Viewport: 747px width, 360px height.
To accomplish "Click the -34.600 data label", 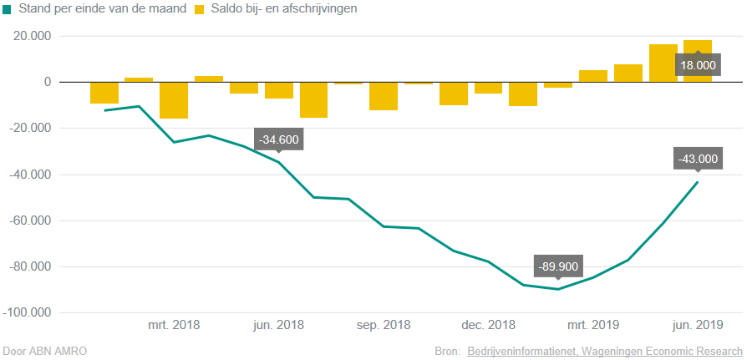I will coord(278,139).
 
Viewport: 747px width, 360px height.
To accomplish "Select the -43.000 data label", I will coord(698,159).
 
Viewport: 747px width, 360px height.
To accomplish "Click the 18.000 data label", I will coord(698,65).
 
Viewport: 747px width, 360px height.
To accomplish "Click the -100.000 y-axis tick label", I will coord(28,313).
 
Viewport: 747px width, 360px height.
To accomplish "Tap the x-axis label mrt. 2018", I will coord(174,325).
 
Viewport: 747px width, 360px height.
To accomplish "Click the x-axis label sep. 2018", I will coord(384,325).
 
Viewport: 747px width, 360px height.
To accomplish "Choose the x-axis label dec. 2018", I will coord(488,325).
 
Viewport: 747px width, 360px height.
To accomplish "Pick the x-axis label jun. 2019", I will coord(698,325).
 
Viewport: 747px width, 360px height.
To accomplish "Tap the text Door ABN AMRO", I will coord(45,351).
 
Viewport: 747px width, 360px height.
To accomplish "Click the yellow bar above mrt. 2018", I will coord(174,100).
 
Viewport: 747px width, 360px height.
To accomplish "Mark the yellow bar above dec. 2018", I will coord(488,88).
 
